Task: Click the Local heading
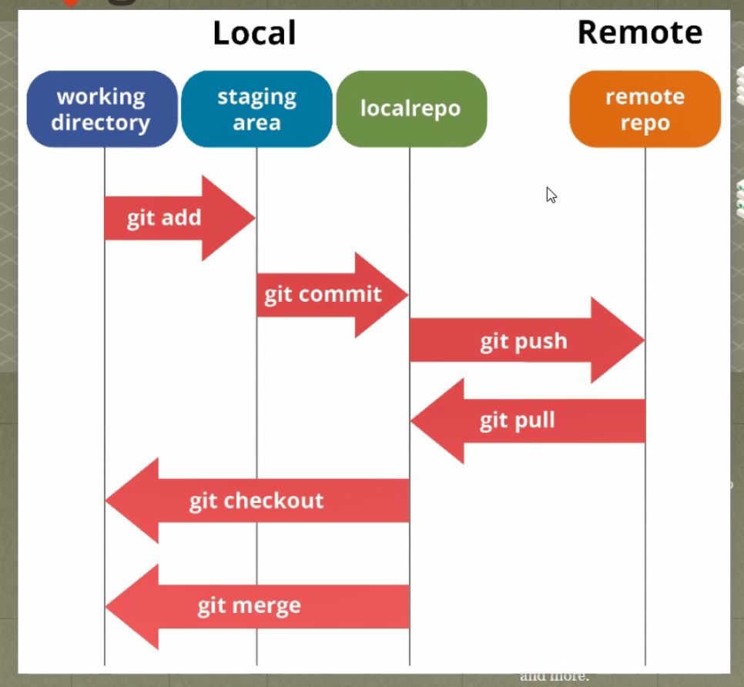point(254,33)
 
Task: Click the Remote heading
point(639,32)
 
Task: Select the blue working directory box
point(102,109)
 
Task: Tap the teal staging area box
point(256,109)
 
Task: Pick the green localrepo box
point(411,109)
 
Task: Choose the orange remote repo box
point(645,109)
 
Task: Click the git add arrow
point(180,218)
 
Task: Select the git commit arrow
point(333,295)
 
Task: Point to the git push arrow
point(527,340)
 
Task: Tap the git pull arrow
point(528,421)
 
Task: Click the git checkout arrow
point(257,501)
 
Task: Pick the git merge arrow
point(257,606)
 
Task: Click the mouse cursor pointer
point(551,195)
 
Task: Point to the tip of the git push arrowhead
point(645,340)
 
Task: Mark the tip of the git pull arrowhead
point(411,421)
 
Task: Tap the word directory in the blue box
point(101,123)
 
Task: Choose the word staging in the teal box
point(256,98)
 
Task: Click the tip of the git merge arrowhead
point(106,606)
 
